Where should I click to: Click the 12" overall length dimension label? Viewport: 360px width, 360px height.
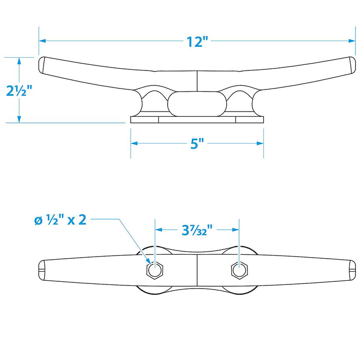coord(197,42)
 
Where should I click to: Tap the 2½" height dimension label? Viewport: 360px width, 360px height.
coord(19,90)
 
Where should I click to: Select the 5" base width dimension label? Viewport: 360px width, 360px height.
coord(197,143)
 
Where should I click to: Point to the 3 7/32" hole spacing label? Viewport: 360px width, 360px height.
coord(197,230)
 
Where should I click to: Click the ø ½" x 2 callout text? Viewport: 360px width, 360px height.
coord(60,220)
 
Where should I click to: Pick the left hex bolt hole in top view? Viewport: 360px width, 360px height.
coord(155,270)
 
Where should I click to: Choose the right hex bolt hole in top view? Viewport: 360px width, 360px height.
coord(240,270)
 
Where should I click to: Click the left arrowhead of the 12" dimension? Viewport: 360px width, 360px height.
coord(42,41)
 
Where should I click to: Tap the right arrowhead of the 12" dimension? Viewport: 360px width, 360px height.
coord(352,41)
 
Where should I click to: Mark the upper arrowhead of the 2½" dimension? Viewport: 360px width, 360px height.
coord(19,61)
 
